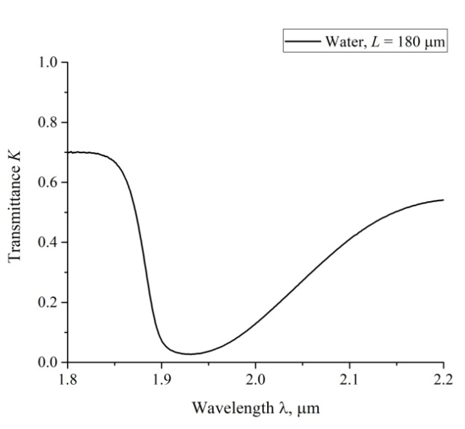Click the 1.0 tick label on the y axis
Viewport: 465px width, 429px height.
point(48,62)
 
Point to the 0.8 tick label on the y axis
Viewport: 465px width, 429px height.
point(48,122)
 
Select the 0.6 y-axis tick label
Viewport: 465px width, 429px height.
point(48,182)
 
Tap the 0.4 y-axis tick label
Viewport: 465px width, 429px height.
point(48,242)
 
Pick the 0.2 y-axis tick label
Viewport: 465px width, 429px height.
point(48,302)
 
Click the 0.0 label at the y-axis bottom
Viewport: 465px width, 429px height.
point(48,363)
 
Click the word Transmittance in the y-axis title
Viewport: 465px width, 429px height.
point(15,213)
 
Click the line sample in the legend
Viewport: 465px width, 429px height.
point(303,41)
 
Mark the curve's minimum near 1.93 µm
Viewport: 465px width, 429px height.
point(190,354)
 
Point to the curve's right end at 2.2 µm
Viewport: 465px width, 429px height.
point(443,200)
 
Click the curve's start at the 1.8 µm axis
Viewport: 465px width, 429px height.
point(69,152)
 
